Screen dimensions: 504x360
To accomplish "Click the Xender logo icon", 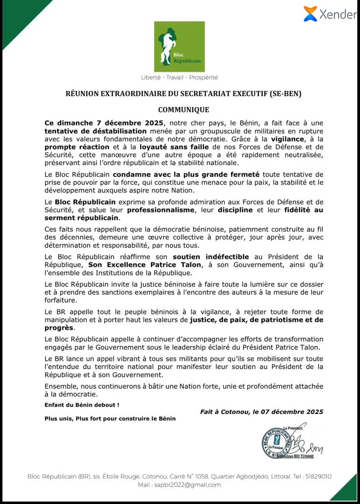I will [x=310, y=14].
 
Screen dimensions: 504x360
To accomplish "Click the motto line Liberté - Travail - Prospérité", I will [x=180, y=77].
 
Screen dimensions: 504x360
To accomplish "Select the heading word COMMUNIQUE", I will [x=183, y=110].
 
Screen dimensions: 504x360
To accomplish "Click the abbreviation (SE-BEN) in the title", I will [x=286, y=94].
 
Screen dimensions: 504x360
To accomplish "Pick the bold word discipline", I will [x=235, y=210].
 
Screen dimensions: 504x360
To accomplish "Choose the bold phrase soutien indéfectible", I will [x=211, y=257].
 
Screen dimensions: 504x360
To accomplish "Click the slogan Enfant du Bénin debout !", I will [x=82, y=405].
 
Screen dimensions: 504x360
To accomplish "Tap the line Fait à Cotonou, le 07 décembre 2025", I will [x=262, y=412].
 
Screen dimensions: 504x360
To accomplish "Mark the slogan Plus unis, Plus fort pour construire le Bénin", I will [x=110, y=419].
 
